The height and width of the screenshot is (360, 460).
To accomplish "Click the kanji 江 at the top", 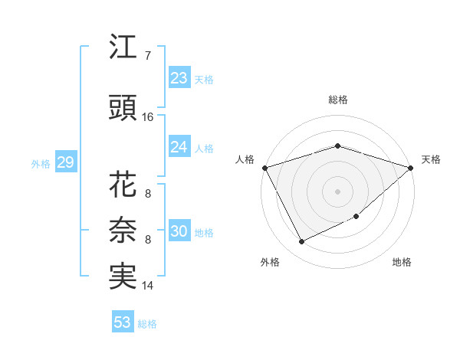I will tap(123, 47).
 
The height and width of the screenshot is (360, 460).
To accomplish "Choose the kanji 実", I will tap(123, 277).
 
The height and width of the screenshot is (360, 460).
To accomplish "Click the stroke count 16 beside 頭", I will tap(148, 117).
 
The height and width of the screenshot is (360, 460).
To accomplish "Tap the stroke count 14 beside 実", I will tap(148, 286).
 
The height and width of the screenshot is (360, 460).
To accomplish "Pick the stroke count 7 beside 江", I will tap(148, 56).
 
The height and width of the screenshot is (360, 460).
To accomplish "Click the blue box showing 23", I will tap(179, 78).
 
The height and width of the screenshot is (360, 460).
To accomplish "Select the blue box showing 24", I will tap(179, 147).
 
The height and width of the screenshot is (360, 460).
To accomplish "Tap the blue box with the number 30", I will tap(179, 231).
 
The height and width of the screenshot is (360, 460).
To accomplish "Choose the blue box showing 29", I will tap(65, 162).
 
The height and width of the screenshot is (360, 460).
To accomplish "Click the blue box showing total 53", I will tap(123, 322).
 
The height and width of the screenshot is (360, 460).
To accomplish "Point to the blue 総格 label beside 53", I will tap(147, 324).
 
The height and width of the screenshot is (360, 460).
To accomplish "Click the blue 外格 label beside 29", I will tap(41, 163).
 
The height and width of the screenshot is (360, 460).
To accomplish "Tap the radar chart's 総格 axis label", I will tap(338, 100).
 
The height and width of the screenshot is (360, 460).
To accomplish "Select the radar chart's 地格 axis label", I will tap(402, 263).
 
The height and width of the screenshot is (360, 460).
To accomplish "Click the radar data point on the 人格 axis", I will tap(264, 168).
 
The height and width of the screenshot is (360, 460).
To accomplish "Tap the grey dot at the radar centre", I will tap(338, 191).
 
